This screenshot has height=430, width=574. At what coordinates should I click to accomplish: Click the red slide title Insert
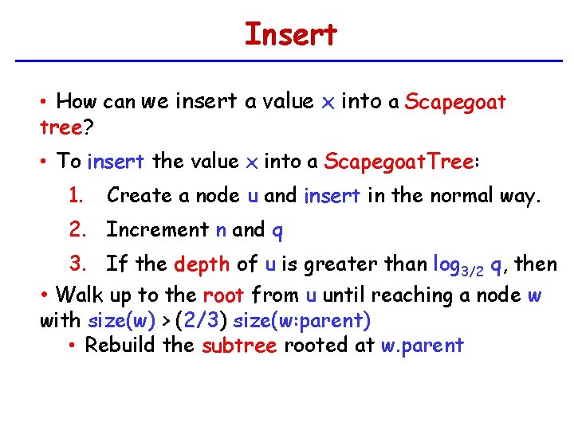(x=290, y=35)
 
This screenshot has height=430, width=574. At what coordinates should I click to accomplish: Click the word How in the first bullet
(x=76, y=101)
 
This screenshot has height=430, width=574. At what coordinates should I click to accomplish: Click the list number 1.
(x=76, y=195)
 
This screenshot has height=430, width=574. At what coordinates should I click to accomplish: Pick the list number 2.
(x=77, y=229)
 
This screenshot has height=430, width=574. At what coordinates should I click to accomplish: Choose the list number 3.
(x=77, y=264)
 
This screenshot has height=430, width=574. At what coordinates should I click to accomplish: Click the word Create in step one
(x=139, y=195)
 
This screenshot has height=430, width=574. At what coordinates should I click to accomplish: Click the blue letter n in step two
(x=221, y=230)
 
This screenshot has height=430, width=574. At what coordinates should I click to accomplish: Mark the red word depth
(x=202, y=264)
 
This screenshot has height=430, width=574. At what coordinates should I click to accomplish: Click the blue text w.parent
(x=421, y=346)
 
